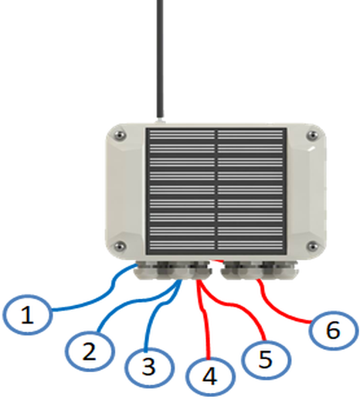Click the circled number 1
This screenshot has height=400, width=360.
coord(28,315)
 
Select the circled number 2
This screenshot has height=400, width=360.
coord(90,351)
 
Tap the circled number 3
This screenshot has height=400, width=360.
coord(149,367)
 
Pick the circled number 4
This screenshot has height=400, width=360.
coord(210,377)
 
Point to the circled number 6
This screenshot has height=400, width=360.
coord(334,331)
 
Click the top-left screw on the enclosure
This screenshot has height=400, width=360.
coord(120,134)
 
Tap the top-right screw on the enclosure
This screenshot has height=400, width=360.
coord(313,134)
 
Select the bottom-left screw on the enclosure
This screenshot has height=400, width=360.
coord(120,246)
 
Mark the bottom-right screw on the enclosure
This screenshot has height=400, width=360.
coord(313,246)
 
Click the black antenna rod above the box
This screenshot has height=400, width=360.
coord(160,59)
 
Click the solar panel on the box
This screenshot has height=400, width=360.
coord(216,192)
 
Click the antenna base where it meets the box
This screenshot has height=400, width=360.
coord(161,120)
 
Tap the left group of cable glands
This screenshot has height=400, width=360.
coord(173,270)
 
